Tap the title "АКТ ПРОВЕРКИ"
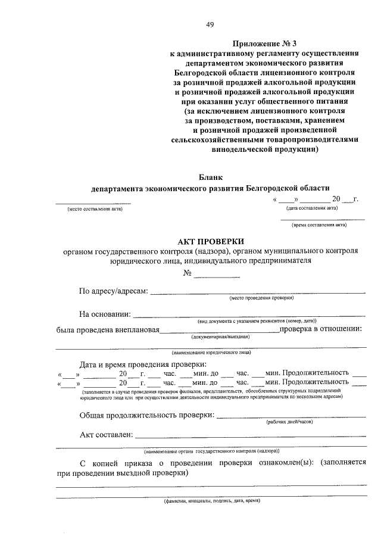211,241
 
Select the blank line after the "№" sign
217,274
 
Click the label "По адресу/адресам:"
113,291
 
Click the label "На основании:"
105,314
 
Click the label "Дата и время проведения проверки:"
143,364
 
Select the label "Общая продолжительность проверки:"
146,415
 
